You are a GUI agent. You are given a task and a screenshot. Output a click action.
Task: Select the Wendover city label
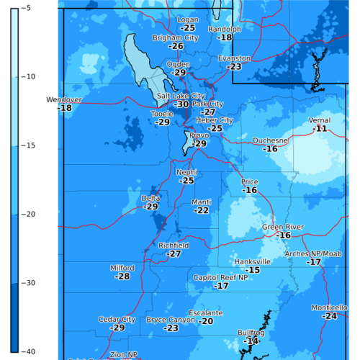[x=64, y=99]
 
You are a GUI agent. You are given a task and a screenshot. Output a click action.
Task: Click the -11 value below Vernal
[x=321, y=128]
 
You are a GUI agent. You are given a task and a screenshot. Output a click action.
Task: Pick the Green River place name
[x=282, y=227]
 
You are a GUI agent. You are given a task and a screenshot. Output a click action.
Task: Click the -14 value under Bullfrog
[x=251, y=341]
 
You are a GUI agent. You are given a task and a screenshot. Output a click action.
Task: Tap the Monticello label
[x=330, y=307]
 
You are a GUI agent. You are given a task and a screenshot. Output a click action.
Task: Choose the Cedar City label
[x=117, y=319]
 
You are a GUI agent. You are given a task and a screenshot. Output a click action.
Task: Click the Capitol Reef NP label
[x=221, y=277]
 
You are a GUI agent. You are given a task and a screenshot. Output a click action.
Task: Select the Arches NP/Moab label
[x=312, y=253]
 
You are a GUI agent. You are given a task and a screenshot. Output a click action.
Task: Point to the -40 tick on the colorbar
[x=22, y=351]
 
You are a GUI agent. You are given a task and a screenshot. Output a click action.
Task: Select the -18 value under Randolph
[x=225, y=37]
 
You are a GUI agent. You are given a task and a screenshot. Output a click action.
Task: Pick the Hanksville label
[x=253, y=261]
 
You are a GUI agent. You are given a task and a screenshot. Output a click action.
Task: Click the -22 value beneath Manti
[x=202, y=210]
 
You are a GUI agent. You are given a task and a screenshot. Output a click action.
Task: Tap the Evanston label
[x=234, y=58]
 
